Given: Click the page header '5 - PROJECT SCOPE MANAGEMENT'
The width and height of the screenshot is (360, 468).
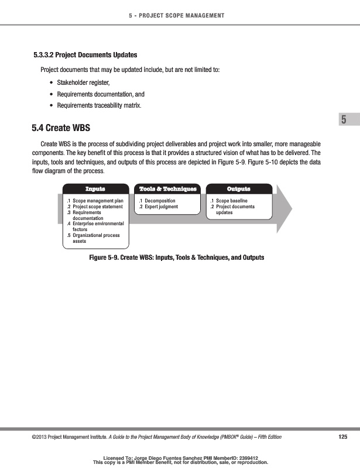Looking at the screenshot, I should tap(180, 15).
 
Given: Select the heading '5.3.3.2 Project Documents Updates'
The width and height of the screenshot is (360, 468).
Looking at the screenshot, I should tap(85, 55).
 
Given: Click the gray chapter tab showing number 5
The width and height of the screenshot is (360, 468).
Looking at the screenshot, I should tap(344, 121).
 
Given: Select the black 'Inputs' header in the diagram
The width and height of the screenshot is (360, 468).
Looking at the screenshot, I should tap(95, 189).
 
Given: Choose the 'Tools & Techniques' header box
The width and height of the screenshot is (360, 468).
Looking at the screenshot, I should tap(168, 189).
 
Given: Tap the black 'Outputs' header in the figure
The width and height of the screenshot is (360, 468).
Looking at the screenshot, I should tap(238, 189).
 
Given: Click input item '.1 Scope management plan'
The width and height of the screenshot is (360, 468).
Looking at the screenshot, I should tap(95, 201).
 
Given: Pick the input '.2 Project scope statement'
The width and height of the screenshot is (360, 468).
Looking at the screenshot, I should tap(95, 207).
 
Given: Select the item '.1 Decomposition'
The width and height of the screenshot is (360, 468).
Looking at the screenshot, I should tap(157, 201).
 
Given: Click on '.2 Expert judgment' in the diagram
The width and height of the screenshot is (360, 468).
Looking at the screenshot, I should tap(158, 207).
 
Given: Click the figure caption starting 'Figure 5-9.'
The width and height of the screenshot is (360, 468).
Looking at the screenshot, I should tap(177, 257).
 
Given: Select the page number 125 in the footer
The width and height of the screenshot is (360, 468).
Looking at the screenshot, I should tap(343, 437).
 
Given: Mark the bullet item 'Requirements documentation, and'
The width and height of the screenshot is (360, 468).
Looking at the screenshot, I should tap(100, 94).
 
